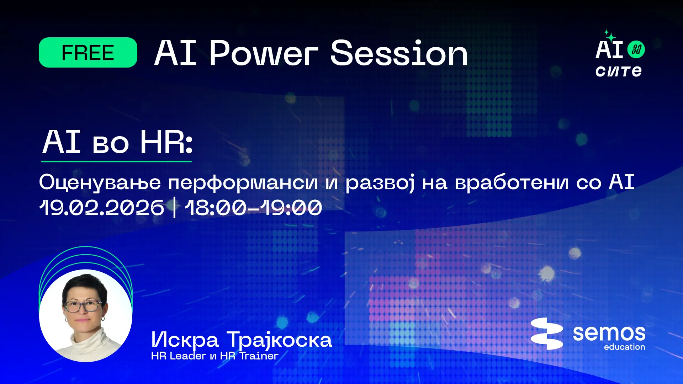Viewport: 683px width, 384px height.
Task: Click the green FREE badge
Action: click(x=88, y=53)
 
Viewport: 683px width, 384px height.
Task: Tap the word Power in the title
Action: click(x=264, y=53)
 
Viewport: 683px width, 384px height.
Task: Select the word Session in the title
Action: click(x=399, y=53)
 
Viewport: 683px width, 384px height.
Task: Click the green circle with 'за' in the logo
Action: click(x=636, y=49)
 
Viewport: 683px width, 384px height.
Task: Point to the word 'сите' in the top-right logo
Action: click(x=619, y=71)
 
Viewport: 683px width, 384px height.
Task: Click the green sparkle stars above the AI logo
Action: click(x=610, y=36)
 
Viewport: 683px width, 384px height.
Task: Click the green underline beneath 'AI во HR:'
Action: click(x=116, y=161)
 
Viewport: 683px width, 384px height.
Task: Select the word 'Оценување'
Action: click(x=100, y=182)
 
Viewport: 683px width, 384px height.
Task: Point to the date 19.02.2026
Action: click(x=102, y=208)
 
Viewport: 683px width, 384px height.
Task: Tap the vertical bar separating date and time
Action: click(x=174, y=208)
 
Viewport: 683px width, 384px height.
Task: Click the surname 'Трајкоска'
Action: click(x=279, y=340)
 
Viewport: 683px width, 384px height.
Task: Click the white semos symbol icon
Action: click(x=547, y=334)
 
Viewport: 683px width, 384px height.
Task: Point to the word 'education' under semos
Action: click(x=624, y=347)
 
